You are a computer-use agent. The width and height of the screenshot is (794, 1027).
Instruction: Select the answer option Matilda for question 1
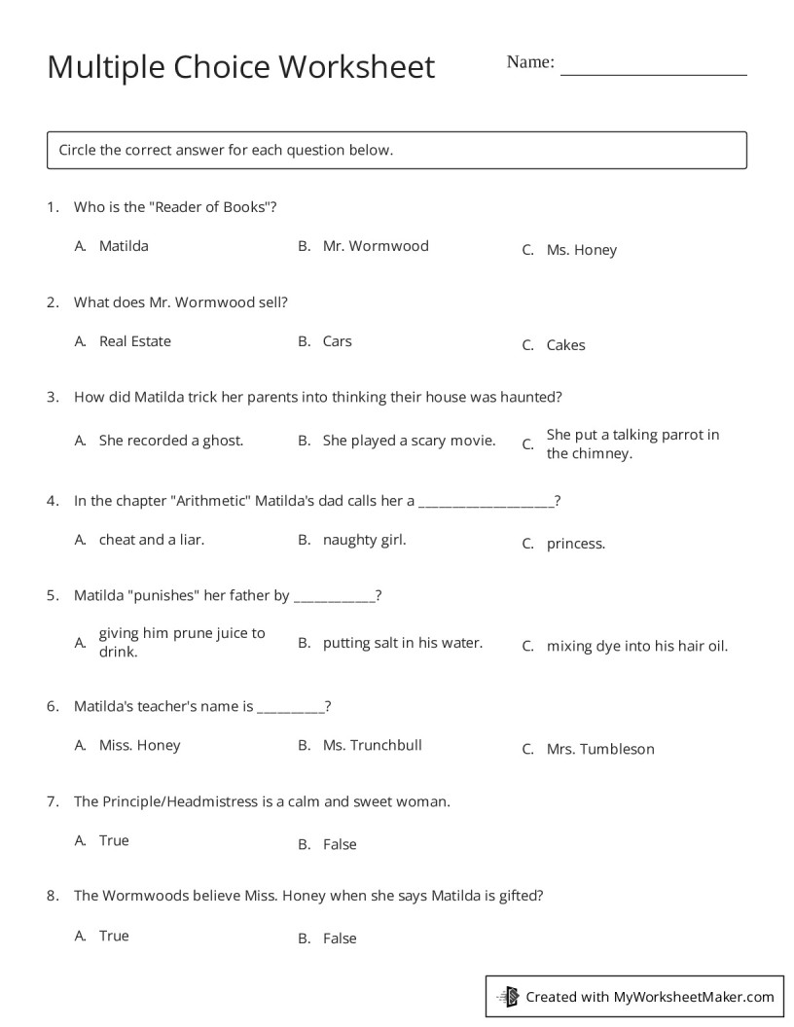pyautogui.click(x=124, y=246)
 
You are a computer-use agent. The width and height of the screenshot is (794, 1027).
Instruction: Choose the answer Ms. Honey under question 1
pyautogui.click(x=581, y=250)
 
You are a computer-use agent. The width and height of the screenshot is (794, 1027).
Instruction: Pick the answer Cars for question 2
pyautogui.click(x=337, y=341)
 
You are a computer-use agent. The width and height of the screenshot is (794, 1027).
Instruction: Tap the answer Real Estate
pyautogui.click(x=134, y=341)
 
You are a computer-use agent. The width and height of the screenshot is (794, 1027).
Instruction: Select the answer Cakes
pyautogui.click(x=565, y=345)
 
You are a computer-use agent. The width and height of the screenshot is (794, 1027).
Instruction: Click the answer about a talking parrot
pyautogui.click(x=632, y=443)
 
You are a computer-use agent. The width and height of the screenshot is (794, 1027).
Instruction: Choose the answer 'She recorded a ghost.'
pyautogui.click(x=171, y=441)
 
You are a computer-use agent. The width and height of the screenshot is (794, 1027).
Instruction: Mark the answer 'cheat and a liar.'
pyautogui.click(x=152, y=539)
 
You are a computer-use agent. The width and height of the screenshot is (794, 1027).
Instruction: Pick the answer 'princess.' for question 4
pyautogui.click(x=575, y=544)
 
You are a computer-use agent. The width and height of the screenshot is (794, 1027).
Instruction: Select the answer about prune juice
pyautogui.click(x=181, y=642)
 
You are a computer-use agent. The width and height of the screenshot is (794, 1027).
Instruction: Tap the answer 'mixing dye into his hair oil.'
pyautogui.click(x=636, y=646)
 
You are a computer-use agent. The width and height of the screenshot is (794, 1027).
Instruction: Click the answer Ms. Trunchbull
pyautogui.click(x=372, y=745)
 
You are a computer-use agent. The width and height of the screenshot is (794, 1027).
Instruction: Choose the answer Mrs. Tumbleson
pyautogui.click(x=599, y=749)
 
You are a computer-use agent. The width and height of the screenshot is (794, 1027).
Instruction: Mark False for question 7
pyautogui.click(x=340, y=844)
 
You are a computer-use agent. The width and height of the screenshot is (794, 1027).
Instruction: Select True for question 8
pyautogui.click(x=114, y=936)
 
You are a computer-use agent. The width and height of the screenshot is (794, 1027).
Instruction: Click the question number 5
pyautogui.click(x=53, y=595)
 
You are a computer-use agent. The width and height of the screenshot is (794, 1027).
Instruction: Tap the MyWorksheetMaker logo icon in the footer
pyautogui.click(x=508, y=996)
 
